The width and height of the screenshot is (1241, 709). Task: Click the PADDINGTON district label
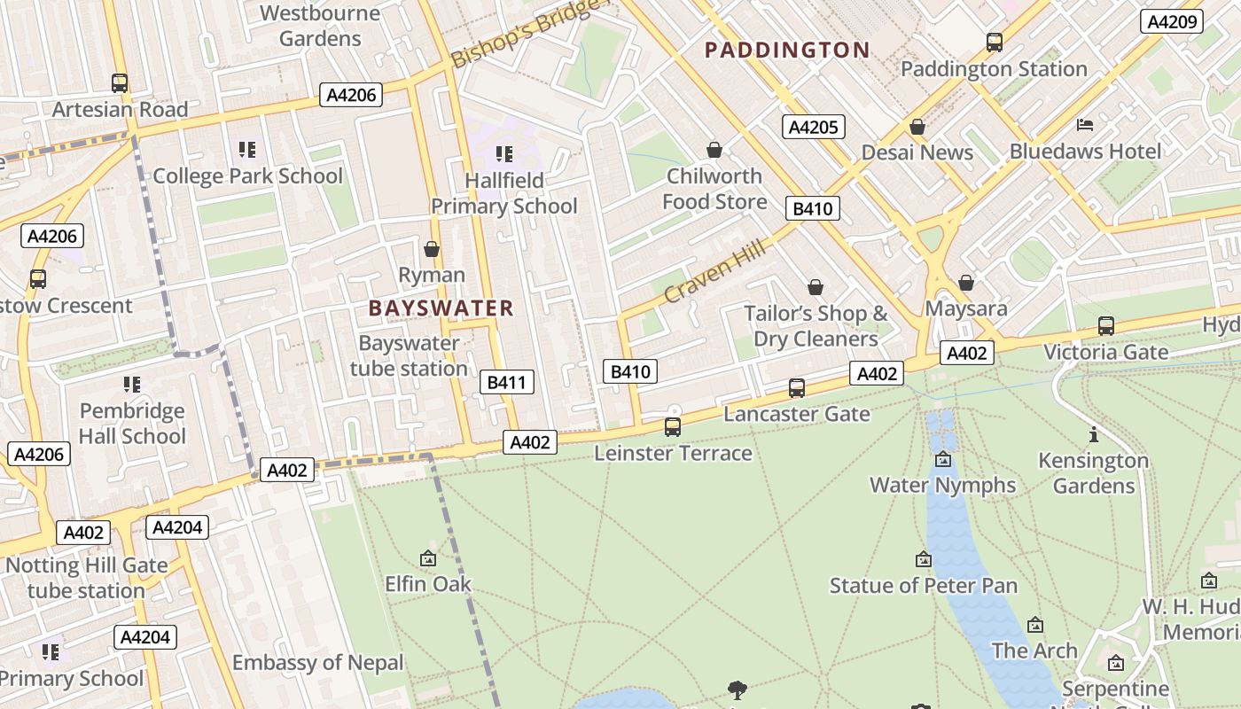787,51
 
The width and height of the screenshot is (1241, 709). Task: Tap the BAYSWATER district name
441,308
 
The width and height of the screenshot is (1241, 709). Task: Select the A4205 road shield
813,127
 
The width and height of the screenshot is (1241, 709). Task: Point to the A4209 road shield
1171,22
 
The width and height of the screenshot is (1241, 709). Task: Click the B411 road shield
507,382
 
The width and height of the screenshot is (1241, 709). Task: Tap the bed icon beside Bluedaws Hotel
1085,125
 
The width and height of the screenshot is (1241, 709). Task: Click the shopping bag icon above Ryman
432,249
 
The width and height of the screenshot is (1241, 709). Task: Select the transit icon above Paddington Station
995,42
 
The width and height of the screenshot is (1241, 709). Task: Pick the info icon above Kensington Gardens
1094,434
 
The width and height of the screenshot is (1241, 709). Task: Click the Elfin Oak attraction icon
428,558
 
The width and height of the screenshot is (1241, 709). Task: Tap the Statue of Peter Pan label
923,586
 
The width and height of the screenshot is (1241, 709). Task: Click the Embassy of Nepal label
317,663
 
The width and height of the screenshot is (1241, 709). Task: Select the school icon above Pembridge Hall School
132,385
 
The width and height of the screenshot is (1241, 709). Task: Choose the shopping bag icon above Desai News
917,127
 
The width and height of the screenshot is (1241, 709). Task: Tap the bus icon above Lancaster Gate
797,387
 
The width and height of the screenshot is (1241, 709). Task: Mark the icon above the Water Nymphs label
943,459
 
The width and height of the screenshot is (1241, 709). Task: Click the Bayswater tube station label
409,355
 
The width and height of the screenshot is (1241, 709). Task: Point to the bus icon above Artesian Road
120,83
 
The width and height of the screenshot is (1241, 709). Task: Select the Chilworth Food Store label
714,189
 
